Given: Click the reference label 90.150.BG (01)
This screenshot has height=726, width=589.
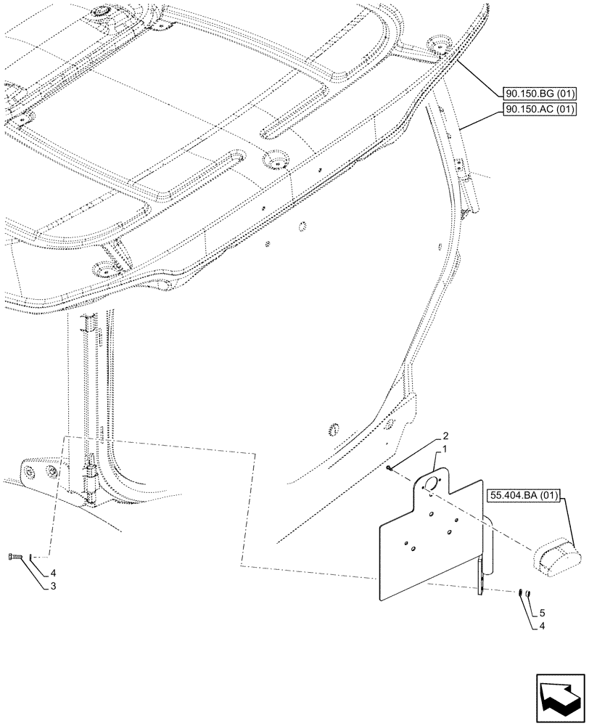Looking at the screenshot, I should (x=538, y=94).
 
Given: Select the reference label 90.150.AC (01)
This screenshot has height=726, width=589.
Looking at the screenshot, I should (x=538, y=110).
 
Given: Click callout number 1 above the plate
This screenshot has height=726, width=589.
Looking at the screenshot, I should (x=437, y=451).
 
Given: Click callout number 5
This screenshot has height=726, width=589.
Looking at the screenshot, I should (x=541, y=613).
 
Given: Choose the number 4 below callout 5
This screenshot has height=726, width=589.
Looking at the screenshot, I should (x=541, y=625).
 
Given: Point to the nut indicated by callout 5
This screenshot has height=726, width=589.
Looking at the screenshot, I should (x=529, y=595).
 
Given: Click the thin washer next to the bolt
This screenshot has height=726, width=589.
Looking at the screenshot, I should (x=31, y=557).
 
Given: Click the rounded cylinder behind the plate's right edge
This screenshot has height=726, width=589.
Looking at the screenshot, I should (x=487, y=541).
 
